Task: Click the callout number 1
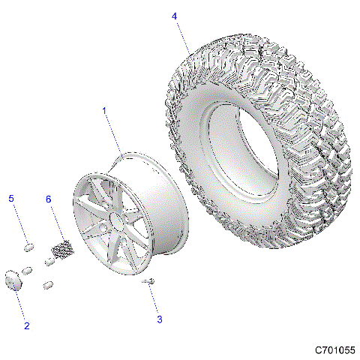105,110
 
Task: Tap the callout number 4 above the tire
174,16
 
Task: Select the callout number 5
11,198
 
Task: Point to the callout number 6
49,199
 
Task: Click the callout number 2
27,325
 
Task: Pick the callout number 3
159,319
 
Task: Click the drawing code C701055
334,349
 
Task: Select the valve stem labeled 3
148,280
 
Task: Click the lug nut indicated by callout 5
29,245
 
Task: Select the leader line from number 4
181,37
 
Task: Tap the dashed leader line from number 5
20,222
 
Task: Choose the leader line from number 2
22,304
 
